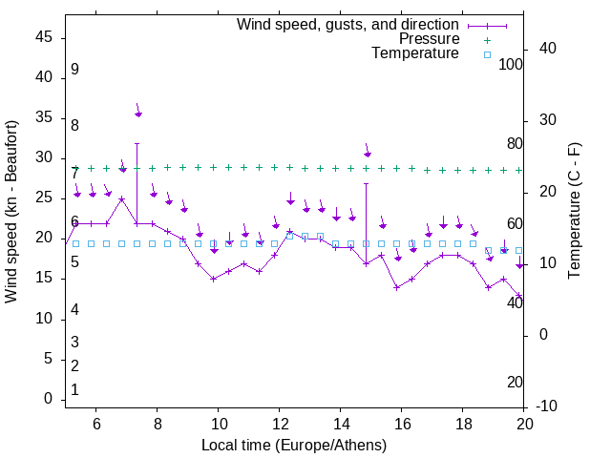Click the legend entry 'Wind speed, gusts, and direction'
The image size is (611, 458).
coord(348,24)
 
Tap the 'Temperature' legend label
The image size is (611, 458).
coord(415,53)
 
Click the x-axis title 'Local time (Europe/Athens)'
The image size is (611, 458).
coord(294,446)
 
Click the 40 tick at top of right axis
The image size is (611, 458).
coord(548,49)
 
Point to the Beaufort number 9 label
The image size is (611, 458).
coord(74,70)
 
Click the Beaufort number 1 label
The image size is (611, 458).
coord(74,389)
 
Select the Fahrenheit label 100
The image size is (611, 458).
coord(511,64)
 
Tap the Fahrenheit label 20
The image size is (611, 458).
coord(515,382)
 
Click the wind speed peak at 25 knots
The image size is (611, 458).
coord(122,199)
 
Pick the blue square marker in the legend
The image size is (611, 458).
coord(486,54)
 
